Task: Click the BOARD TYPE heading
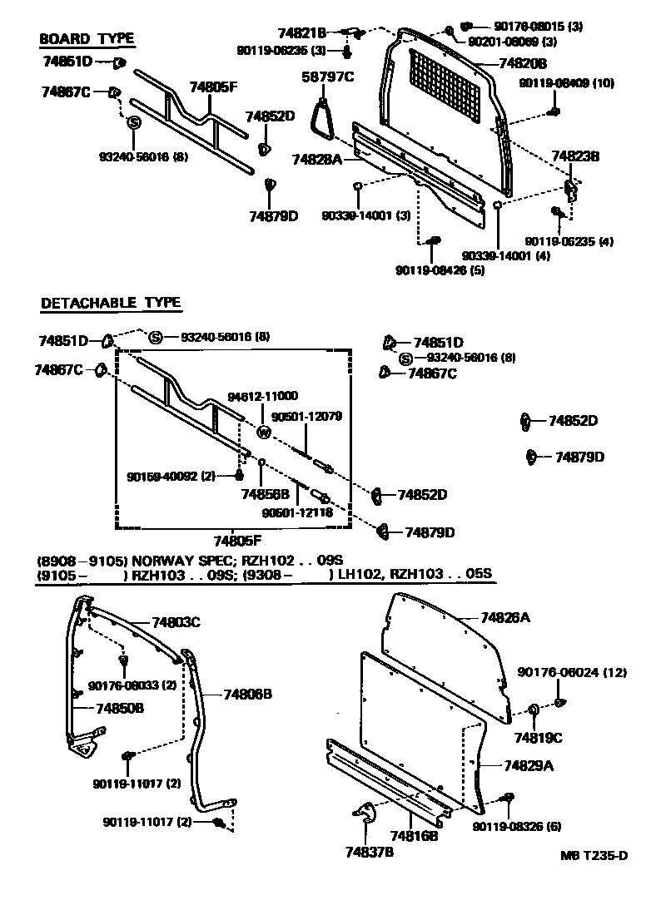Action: [x=87, y=39]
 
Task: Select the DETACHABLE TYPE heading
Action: [x=111, y=303]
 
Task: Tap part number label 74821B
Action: [x=302, y=33]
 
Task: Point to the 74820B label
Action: [x=523, y=63]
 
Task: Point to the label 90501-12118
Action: [x=297, y=513]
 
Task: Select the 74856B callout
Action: [x=264, y=493]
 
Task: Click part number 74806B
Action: [x=248, y=694]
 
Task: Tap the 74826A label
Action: [x=505, y=618]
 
